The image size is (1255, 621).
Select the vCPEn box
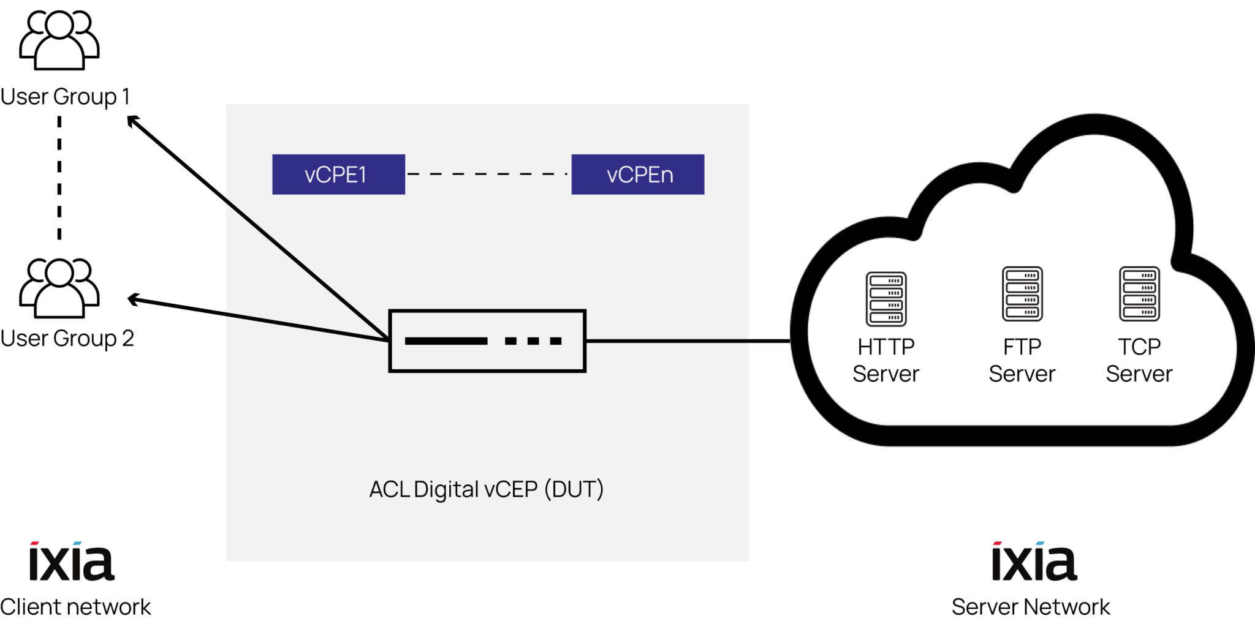[637, 175]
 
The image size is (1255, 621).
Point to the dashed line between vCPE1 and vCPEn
[488, 174]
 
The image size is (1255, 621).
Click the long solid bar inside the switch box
[446, 341]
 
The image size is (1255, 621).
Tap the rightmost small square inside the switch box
[556, 341]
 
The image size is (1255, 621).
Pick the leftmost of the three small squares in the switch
[510, 341]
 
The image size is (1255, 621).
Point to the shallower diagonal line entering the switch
[306, 327]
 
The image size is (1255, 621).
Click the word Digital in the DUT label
[446, 490]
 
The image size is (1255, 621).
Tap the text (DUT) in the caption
[574, 489]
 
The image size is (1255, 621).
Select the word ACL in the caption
[389, 490]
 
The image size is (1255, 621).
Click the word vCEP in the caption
[511, 490]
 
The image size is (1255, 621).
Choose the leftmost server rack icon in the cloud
[886, 299]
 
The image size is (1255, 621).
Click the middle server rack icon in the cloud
[1022, 293]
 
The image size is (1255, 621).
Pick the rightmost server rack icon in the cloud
[1139, 293]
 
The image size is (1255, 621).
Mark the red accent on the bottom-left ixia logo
[35, 543]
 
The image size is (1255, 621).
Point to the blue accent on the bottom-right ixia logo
[1040, 543]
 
